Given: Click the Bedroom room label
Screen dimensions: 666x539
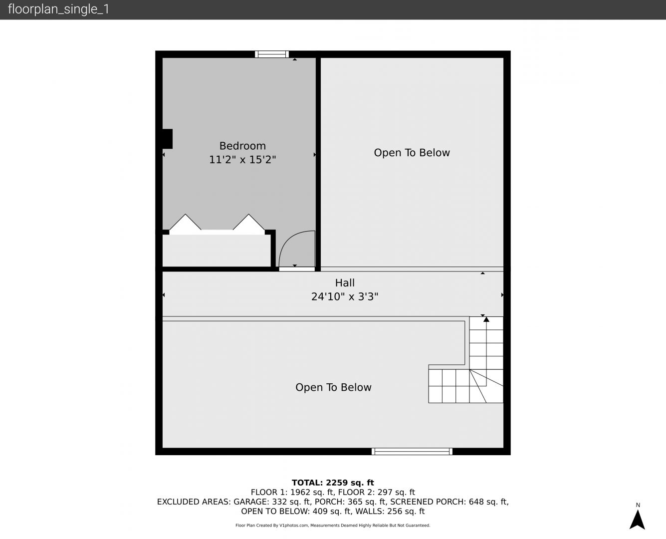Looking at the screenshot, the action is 242,146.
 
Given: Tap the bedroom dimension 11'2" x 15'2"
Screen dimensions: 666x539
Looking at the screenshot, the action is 242,160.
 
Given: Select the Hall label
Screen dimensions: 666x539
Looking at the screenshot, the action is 345,283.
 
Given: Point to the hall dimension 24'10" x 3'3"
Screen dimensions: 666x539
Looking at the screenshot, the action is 345,296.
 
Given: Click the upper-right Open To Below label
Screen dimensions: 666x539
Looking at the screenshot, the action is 412,153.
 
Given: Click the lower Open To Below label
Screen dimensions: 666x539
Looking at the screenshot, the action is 333,387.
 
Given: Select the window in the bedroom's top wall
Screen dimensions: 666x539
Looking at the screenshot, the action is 272,54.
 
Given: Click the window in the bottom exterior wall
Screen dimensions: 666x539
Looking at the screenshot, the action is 412,451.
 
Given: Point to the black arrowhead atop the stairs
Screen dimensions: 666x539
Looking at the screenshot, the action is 486,319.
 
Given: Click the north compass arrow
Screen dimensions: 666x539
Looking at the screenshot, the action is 637,520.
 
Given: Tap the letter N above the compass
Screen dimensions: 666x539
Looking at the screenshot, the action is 638,505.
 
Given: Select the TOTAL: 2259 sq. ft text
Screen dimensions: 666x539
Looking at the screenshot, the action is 333,483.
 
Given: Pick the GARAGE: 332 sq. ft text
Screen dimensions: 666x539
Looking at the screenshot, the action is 272,502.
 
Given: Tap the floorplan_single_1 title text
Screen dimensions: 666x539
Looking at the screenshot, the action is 58,9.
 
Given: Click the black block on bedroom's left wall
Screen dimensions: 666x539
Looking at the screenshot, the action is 167,139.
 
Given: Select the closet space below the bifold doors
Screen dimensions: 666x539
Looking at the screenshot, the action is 217,251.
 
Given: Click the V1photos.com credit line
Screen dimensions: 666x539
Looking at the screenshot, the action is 333,525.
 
